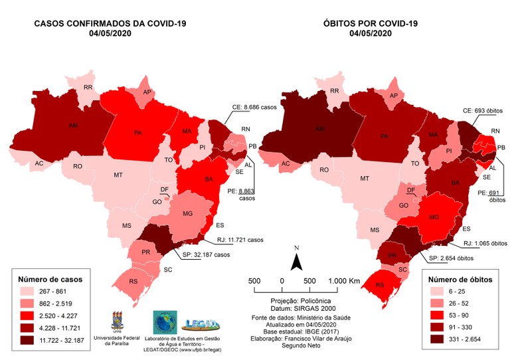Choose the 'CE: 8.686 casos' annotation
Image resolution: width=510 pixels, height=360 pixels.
251,106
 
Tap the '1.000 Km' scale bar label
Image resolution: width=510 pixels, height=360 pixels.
344,281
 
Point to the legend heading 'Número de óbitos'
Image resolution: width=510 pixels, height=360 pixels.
461,278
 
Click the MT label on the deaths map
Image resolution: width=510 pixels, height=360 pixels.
364,179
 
